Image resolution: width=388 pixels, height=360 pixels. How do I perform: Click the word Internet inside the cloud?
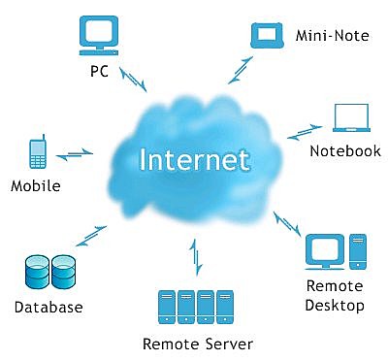click(194, 158)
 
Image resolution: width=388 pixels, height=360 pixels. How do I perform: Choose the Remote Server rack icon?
click(197, 308)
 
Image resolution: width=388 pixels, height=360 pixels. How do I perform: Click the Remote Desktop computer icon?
click(335, 250)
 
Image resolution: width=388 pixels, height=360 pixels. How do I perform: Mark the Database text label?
click(48, 308)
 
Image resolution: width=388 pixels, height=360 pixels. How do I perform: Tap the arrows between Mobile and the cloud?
click(75, 153)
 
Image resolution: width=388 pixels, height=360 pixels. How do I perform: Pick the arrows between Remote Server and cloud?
click(197, 259)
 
